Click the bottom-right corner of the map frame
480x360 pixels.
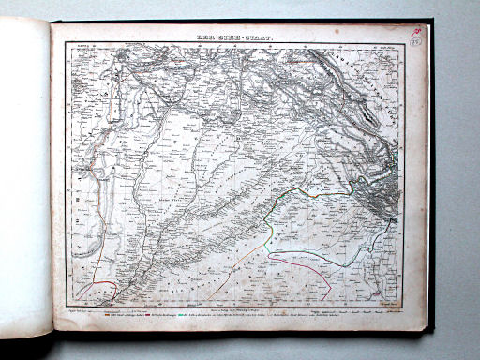tap(404, 299)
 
